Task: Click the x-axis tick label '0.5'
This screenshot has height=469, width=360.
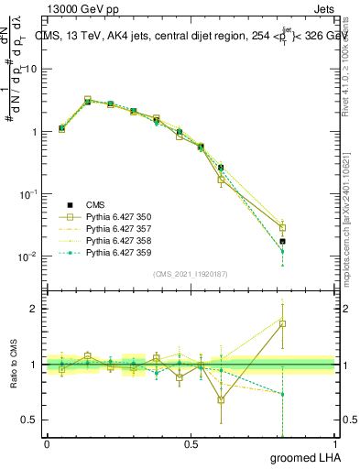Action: click(191, 443)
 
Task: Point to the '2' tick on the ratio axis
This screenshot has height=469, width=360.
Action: click(35, 309)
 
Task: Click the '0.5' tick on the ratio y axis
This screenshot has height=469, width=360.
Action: click(30, 420)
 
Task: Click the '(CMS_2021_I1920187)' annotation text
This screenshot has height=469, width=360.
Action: click(191, 274)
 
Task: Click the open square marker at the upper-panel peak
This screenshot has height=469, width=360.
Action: click(88, 100)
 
